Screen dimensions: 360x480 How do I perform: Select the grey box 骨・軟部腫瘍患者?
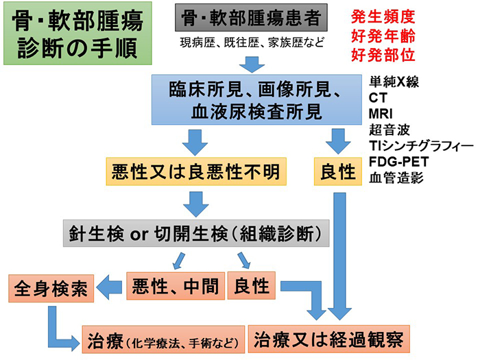click(x=251, y=19)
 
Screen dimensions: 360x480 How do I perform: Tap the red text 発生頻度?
click(x=383, y=16)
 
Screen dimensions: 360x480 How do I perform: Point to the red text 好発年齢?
click(x=383, y=34)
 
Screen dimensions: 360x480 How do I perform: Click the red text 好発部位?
click(x=383, y=52)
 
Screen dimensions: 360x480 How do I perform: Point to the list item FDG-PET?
click(x=398, y=160)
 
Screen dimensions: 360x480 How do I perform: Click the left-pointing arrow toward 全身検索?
click(x=110, y=286)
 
